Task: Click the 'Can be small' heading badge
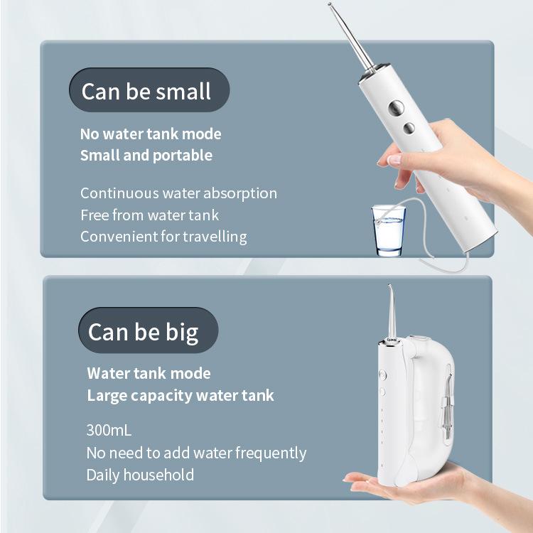point(146,91)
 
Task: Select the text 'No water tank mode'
point(151,134)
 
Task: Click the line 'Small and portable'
point(146,155)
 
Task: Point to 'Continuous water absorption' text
point(178,193)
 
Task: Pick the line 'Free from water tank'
point(149,215)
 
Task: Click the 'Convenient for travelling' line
point(163,236)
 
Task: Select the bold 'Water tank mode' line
point(149,373)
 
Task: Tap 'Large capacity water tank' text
point(180,395)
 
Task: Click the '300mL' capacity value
point(109,431)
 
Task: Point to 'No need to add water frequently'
point(196,453)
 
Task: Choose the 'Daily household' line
point(140,475)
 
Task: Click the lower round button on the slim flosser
point(409,128)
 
